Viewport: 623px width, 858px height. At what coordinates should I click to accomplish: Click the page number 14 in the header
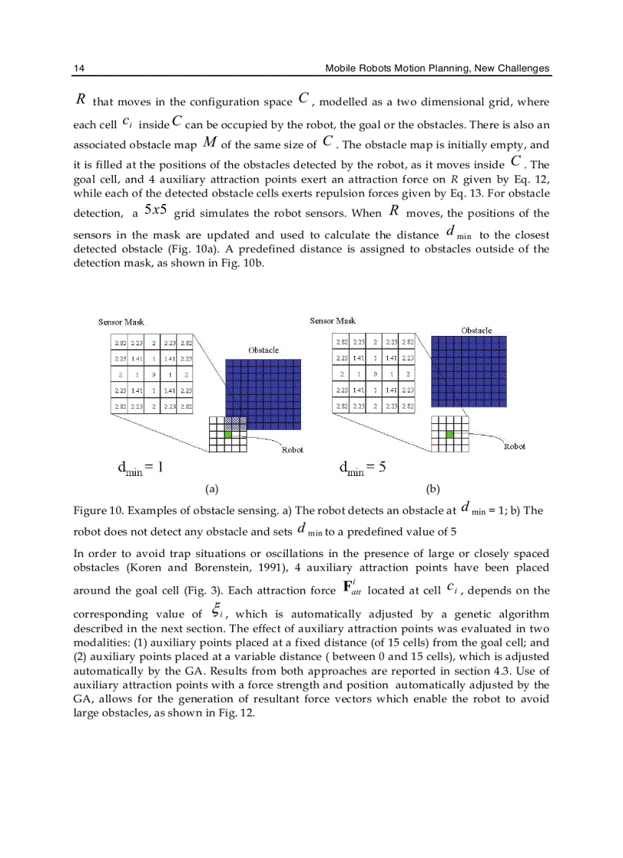tap(79, 68)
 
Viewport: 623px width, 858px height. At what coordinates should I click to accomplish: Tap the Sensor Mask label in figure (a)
tap(121, 322)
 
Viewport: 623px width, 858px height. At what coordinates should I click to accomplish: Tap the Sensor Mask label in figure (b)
tap(332, 321)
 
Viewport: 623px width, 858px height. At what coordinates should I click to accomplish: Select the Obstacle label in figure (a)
tap(263, 350)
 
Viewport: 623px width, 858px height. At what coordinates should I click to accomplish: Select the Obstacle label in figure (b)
tap(476, 330)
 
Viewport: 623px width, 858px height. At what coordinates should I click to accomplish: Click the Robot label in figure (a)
tap(292, 450)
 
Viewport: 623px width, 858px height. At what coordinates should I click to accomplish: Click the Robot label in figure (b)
tap(515, 446)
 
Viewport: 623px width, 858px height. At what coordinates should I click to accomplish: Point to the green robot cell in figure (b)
tap(450, 434)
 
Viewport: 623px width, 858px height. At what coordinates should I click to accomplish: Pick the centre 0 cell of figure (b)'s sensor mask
tap(374, 374)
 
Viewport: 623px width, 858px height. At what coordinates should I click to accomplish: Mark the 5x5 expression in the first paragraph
tap(155, 211)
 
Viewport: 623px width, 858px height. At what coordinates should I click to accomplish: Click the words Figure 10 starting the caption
tap(97, 510)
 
